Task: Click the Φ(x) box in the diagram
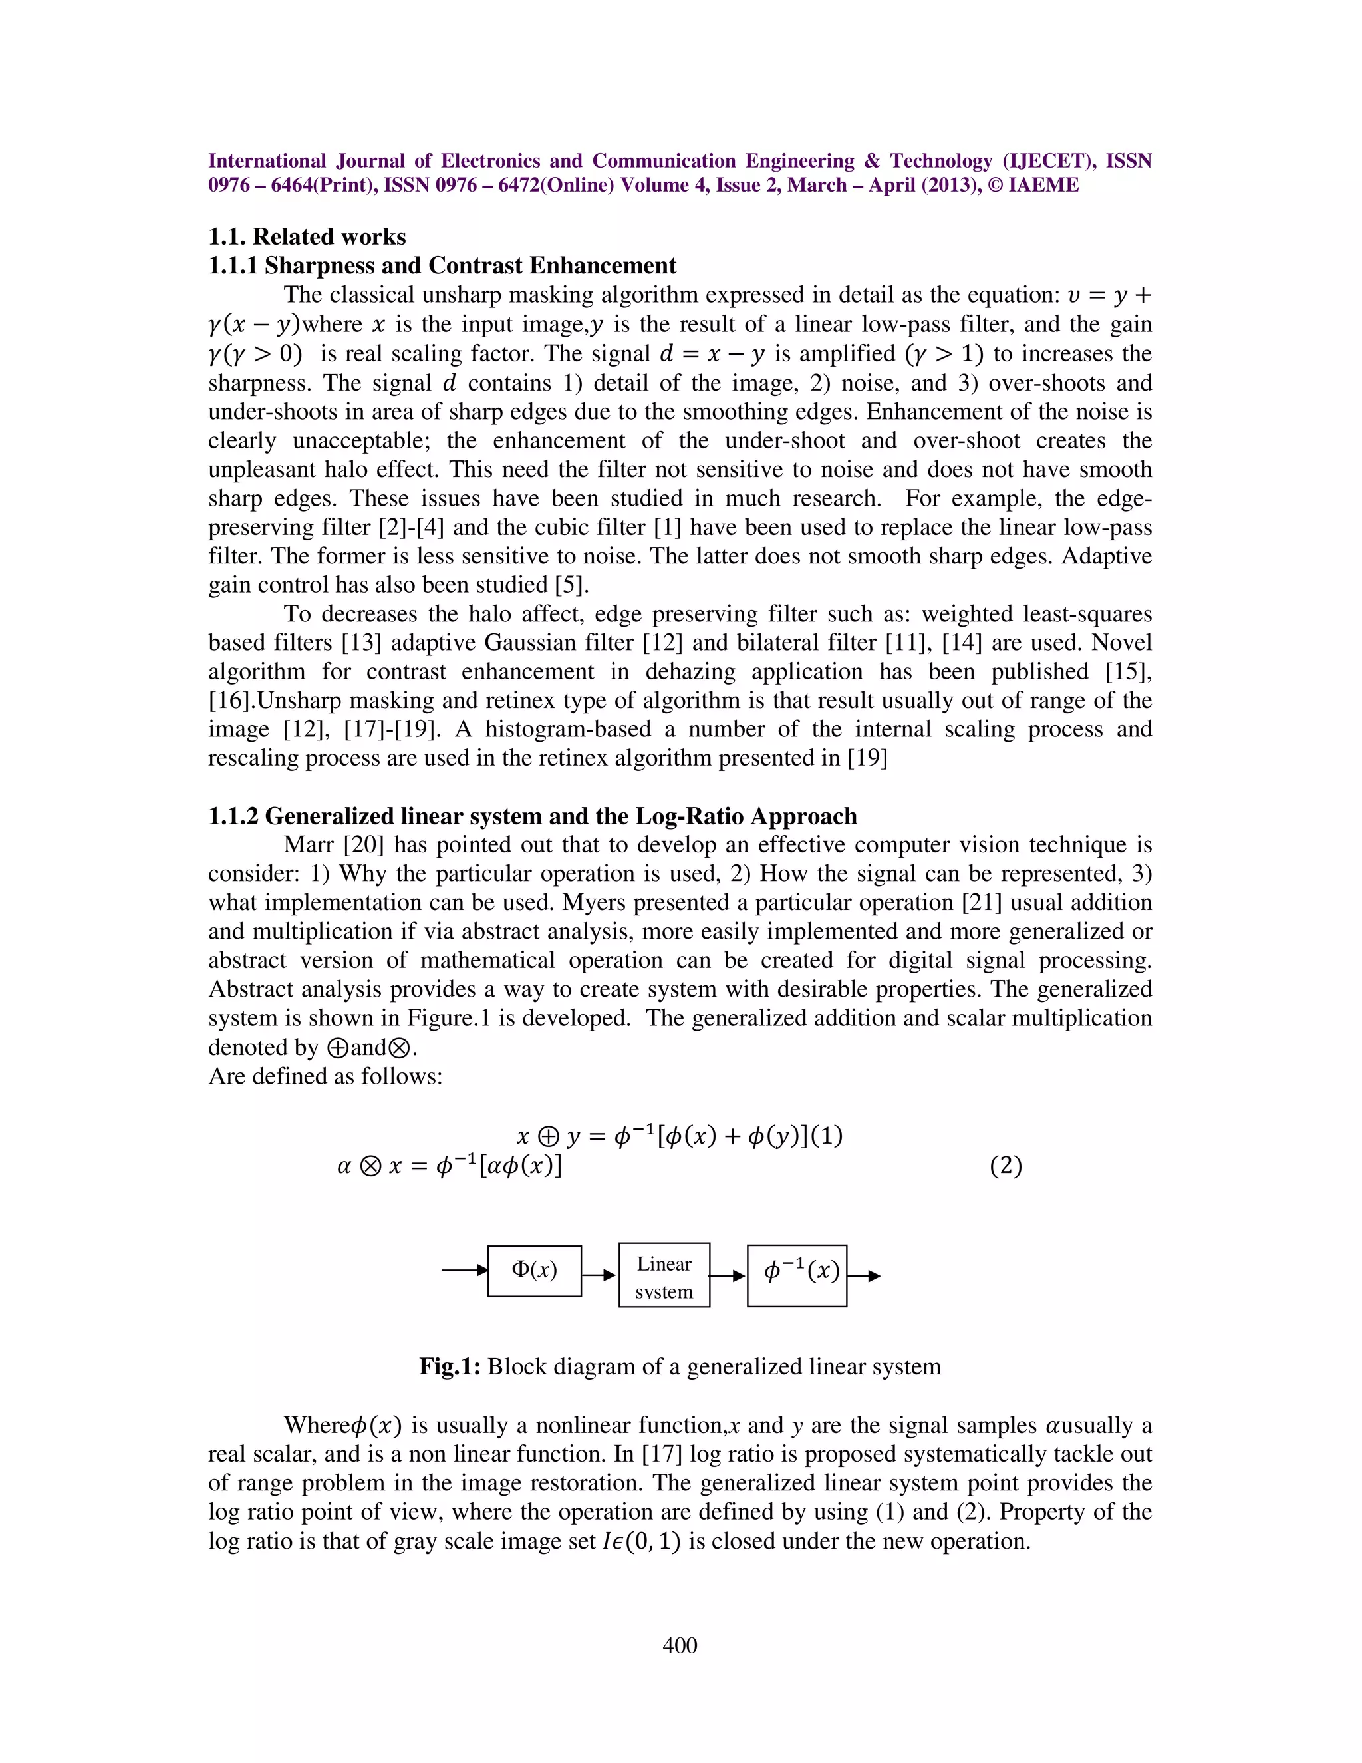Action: point(534,1271)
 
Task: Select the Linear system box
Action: point(664,1275)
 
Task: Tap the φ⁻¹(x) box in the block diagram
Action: point(797,1275)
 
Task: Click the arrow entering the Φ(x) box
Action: point(465,1270)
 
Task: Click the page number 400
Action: point(680,1645)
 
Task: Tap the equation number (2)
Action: point(1006,1166)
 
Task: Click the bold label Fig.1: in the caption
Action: point(450,1366)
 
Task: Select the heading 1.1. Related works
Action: point(307,237)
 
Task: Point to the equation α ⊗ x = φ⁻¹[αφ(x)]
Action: point(450,1166)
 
